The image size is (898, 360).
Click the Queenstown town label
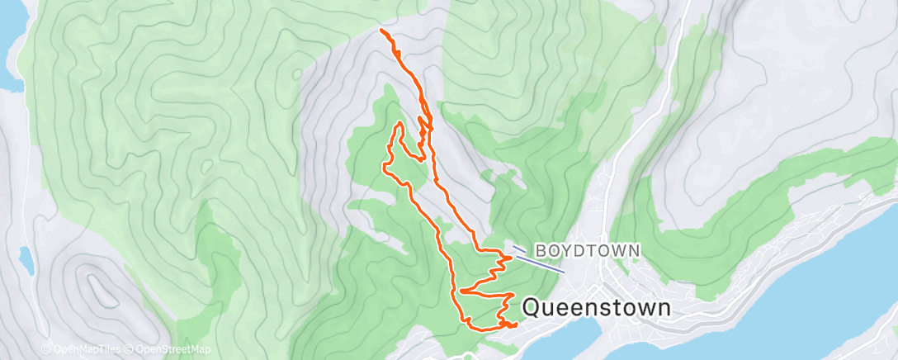598,308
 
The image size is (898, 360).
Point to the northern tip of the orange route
381,30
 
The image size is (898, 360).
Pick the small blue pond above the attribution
26,260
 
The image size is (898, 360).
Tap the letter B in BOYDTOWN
541,249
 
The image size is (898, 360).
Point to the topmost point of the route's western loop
399,123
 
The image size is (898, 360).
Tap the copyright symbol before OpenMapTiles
46,349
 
